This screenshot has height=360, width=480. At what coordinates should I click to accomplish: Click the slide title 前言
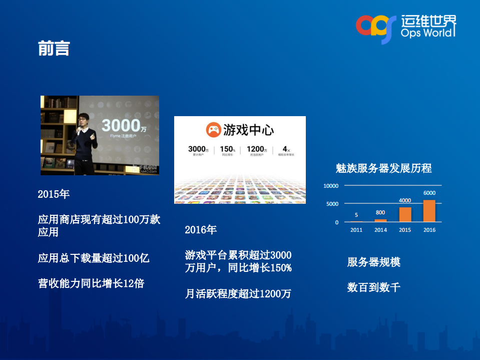[x=54, y=49]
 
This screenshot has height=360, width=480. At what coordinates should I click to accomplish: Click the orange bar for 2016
[x=429, y=211]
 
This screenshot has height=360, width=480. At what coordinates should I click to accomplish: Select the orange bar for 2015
[x=405, y=214]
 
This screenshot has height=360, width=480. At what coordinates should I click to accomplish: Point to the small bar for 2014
[x=381, y=220]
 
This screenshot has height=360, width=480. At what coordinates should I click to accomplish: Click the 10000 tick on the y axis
[x=331, y=186]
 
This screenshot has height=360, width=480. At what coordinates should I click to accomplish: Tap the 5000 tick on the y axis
[x=332, y=204]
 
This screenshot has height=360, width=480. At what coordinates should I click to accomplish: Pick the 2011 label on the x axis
[x=356, y=230]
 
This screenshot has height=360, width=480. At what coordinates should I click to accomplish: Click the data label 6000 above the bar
[x=429, y=193]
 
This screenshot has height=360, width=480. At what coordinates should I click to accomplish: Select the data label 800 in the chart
[x=380, y=212]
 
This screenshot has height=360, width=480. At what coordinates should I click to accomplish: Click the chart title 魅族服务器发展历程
[x=383, y=168]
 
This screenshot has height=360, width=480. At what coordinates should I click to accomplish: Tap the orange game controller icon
[x=213, y=131]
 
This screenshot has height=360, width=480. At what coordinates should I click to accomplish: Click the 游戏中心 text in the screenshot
[x=248, y=131]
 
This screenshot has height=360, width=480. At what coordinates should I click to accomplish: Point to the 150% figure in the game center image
[x=227, y=149]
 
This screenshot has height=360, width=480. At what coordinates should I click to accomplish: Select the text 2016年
[x=201, y=230]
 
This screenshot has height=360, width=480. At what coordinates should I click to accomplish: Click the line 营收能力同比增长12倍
[x=91, y=283]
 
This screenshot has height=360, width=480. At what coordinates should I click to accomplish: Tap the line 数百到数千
[x=373, y=287]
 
